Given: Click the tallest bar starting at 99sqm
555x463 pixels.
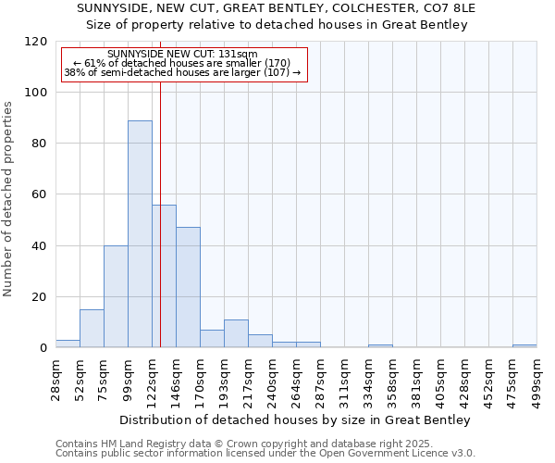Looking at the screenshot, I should click(140, 234).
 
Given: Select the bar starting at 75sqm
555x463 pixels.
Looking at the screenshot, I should click(116, 296).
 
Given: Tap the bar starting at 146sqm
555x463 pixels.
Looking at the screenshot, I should click(188, 287).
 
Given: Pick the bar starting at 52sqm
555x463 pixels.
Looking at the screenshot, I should click(92, 329).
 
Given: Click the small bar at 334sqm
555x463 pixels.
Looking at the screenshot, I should click(380, 345).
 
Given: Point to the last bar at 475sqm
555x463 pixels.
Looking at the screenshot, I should click(524, 345).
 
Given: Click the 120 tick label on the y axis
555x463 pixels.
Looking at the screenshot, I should click(36, 42).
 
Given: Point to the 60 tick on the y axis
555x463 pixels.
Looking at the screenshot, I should click(40, 194).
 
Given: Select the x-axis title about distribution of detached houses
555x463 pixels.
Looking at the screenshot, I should click(295, 420).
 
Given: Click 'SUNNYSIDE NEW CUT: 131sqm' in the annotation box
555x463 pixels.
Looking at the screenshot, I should click(183, 55).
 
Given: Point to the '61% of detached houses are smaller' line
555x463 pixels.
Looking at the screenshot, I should click(183, 63).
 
